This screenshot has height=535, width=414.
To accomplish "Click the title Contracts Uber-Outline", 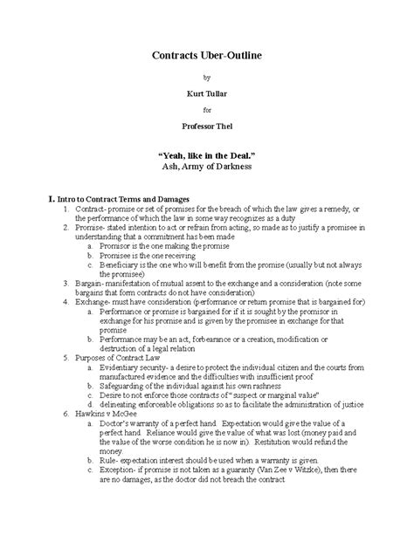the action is (x=207, y=54).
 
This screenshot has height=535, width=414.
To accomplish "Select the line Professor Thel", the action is (x=207, y=127).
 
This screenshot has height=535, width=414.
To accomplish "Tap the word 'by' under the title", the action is (x=207, y=77).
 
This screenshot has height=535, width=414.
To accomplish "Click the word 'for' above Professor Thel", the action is (x=207, y=110).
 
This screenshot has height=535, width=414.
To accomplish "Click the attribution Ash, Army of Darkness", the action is (x=207, y=165).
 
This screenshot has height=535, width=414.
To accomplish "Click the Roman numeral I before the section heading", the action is (x=29, y=200).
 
